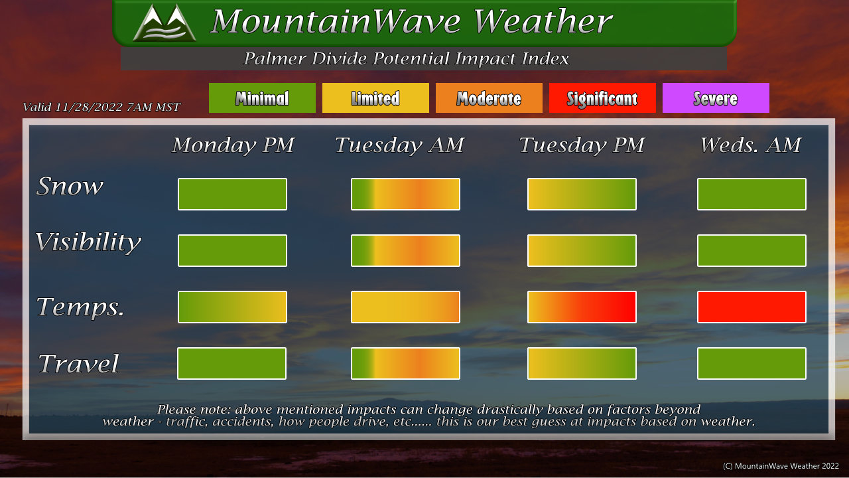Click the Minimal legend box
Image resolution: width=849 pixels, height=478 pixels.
(262, 98)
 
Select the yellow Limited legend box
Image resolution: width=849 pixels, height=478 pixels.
(375, 98)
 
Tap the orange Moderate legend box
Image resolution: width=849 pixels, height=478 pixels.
(489, 98)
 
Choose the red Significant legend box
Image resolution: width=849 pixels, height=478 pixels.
(602, 98)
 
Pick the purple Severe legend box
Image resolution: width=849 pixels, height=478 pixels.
(716, 98)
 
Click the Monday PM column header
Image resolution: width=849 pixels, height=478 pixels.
(233, 145)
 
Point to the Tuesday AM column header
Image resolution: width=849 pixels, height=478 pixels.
(399, 145)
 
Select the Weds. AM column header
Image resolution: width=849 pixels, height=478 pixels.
(750, 145)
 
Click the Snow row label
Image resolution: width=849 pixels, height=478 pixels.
(70, 186)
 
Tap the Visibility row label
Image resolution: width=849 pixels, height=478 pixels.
(88, 242)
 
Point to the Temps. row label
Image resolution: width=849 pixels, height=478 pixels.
(80, 307)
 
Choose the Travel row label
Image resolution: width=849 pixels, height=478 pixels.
(78, 363)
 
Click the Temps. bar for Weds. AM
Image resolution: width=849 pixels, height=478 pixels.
(751, 307)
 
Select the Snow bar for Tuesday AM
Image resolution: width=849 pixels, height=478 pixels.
(405, 194)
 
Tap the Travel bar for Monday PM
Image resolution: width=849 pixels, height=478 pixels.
(231, 363)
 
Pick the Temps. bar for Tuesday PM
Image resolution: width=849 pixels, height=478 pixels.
(582, 307)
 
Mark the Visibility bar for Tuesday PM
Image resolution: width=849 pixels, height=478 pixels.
(582, 250)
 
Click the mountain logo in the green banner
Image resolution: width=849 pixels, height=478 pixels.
(164, 23)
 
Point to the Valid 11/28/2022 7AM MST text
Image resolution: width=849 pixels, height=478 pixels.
(101, 107)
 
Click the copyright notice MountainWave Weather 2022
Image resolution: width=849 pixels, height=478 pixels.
(781, 466)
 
